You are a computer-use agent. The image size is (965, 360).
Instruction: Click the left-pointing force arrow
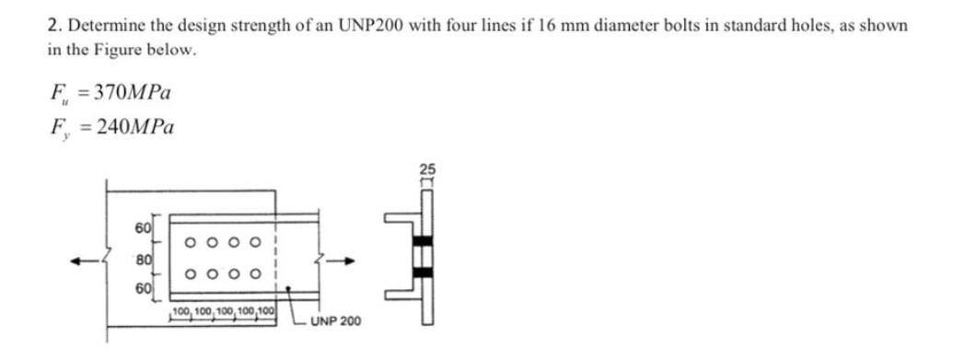coord(88,261)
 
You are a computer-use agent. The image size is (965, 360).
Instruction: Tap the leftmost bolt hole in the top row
coord(189,244)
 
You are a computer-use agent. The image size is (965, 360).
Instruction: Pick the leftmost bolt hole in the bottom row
coord(189,273)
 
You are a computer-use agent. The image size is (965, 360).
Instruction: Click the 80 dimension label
coord(143,261)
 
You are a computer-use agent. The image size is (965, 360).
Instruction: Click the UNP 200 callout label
coord(335,322)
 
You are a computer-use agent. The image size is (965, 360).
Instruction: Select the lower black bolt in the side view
coord(424,274)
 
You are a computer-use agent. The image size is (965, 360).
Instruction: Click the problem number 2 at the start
coord(52,26)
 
